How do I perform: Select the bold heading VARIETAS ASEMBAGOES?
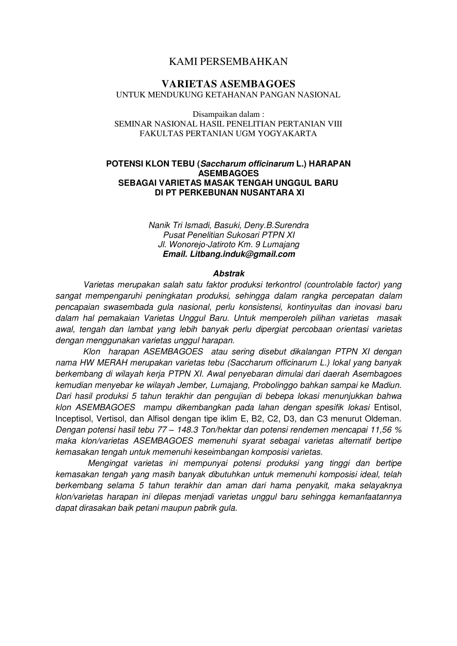pyautogui.click(x=228, y=84)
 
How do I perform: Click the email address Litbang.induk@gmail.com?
pyautogui.click(x=243, y=254)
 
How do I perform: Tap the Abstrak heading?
pyautogui.click(x=228, y=273)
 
